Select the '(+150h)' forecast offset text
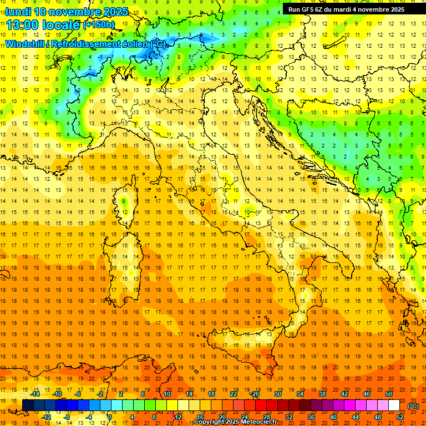click(x=98, y=25)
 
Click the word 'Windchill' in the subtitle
click(x=24, y=44)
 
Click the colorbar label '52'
click(x=400, y=417)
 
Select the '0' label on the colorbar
click(x=110, y=417)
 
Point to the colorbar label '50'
click(x=389, y=394)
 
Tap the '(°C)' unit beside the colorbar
click(x=413, y=406)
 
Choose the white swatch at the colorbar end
click(x=394, y=405)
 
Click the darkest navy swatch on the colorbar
click(x=28, y=405)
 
